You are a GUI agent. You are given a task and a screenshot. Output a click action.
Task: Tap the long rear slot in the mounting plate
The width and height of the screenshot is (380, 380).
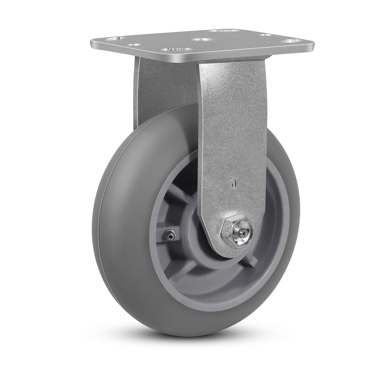pos(222,31)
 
